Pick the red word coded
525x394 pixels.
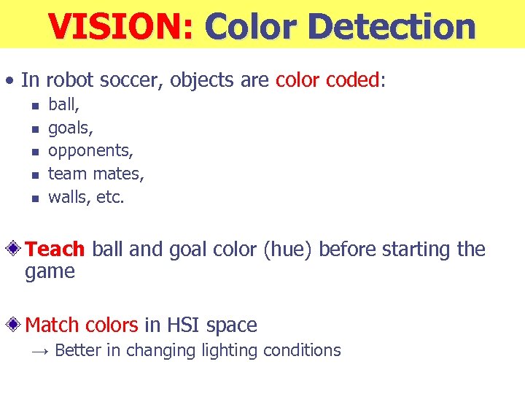point(353,80)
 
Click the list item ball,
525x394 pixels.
point(63,105)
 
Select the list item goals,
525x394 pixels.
point(71,128)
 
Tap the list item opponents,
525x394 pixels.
point(90,151)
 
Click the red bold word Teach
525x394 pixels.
point(55,250)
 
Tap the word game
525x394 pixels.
point(50,272)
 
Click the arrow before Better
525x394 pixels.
point(41,351)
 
